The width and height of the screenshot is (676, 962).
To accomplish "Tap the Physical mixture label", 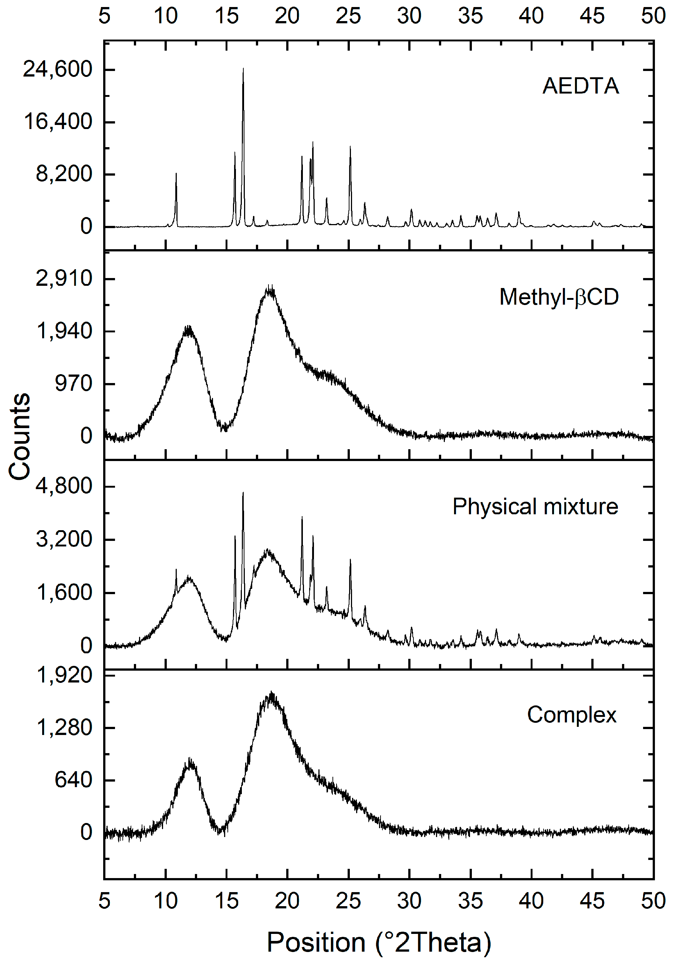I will tap(535, 507).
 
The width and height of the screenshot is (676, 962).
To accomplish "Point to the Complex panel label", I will tap(572, 715).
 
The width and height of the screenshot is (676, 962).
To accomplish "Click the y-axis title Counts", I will tap(19, 436).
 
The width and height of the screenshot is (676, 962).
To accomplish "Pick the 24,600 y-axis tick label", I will tap(57, 69).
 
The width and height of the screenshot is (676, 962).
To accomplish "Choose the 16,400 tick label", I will tap(58, 122).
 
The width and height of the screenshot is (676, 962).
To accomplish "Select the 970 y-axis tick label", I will tap(73, 383).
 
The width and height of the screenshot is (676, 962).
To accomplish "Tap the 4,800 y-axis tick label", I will tap(64, 486).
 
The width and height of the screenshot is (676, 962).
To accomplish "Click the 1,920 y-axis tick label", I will tap(64, 675).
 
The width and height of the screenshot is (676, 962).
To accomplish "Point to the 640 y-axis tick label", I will tap(73, 780).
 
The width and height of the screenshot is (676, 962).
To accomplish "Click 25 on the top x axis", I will tap(348, 16).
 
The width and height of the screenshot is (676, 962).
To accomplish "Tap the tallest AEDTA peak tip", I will tap(243, 68).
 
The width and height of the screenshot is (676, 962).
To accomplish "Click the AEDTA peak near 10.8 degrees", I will tap(176, 173).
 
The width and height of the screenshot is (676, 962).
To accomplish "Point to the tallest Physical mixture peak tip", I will tap(243, 493).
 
